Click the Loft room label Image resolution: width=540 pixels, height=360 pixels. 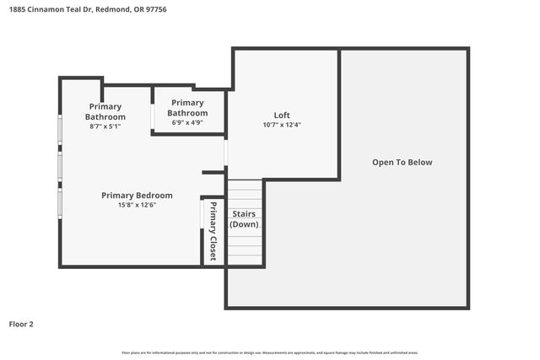282,116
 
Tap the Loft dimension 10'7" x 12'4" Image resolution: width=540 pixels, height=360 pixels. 282,125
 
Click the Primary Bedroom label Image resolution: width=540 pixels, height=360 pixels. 137,196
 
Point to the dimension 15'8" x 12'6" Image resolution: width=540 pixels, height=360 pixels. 137,205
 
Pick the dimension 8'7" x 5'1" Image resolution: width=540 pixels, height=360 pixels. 105,126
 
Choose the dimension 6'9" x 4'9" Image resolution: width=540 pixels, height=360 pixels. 187,122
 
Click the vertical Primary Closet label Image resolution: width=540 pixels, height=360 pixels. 213,231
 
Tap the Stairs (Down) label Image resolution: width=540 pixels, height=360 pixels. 245,219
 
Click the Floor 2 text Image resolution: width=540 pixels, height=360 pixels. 21,324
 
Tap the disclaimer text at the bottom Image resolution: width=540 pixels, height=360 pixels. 269,352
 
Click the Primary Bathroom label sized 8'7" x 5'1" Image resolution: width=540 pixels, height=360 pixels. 105,111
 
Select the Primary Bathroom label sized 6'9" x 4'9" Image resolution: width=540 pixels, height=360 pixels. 187,107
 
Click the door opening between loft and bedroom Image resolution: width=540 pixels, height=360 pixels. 226,153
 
